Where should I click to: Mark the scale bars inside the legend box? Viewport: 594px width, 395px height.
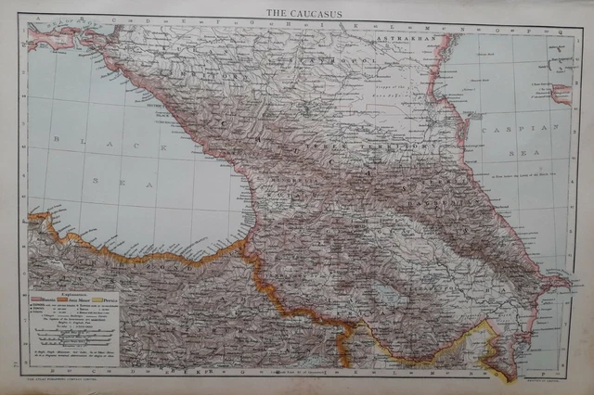[73, 329]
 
